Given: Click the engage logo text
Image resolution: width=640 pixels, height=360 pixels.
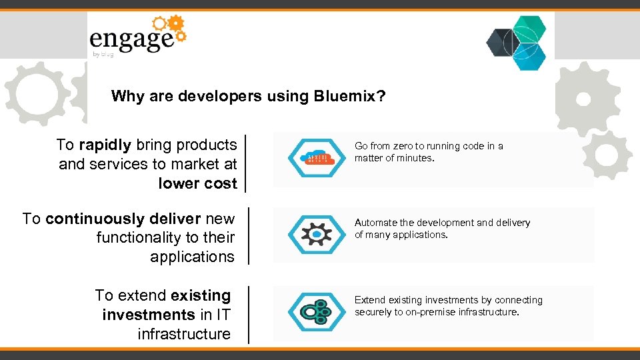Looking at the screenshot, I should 131,40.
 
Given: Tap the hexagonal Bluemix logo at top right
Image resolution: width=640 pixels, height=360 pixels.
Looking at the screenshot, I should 517,42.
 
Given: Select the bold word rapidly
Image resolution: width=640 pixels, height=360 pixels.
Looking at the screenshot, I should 105,145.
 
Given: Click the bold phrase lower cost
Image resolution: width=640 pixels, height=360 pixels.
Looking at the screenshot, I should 197,183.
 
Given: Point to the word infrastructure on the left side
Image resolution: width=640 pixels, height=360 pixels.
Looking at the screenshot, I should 183,334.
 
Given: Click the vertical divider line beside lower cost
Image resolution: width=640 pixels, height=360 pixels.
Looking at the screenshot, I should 246,164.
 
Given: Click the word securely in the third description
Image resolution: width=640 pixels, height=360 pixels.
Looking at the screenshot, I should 373,312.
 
